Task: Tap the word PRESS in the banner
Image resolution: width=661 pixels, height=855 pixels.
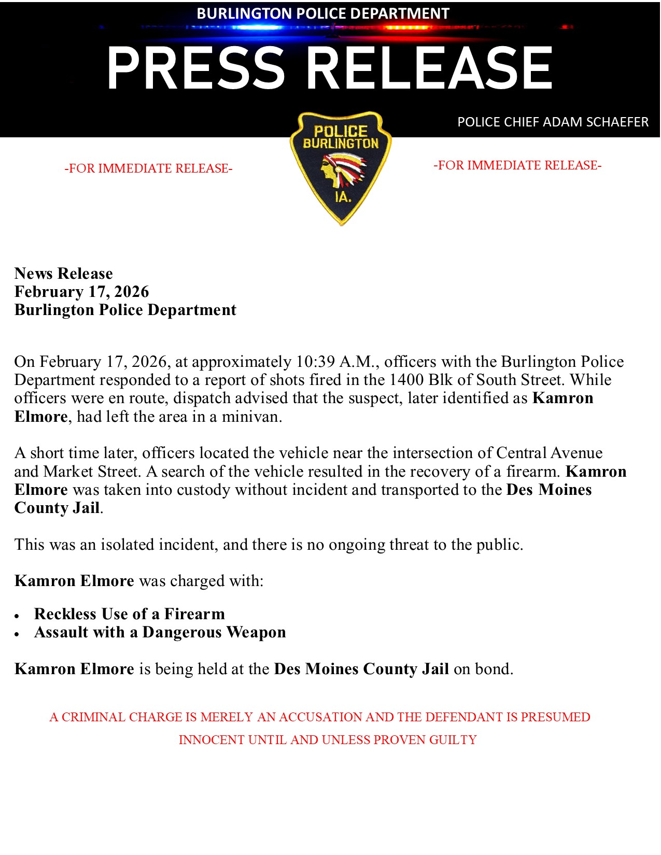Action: (195, 68)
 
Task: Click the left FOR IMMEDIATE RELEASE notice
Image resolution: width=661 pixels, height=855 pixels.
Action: (148, 168)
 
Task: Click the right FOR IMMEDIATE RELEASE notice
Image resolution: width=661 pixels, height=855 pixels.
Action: (517, 165)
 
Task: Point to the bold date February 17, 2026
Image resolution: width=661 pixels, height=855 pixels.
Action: (81, 292)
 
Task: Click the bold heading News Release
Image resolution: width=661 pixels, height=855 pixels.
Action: (63, 274)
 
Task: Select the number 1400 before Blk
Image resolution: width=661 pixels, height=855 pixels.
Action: (406, 380)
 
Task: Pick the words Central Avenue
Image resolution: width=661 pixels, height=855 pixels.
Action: (549, 453)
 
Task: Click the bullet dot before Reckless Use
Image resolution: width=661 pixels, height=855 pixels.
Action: (17, 616)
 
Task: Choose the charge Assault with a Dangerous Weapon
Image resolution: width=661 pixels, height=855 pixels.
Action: (160, 632)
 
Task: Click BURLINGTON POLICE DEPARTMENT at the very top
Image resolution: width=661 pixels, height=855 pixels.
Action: (322, 13)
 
